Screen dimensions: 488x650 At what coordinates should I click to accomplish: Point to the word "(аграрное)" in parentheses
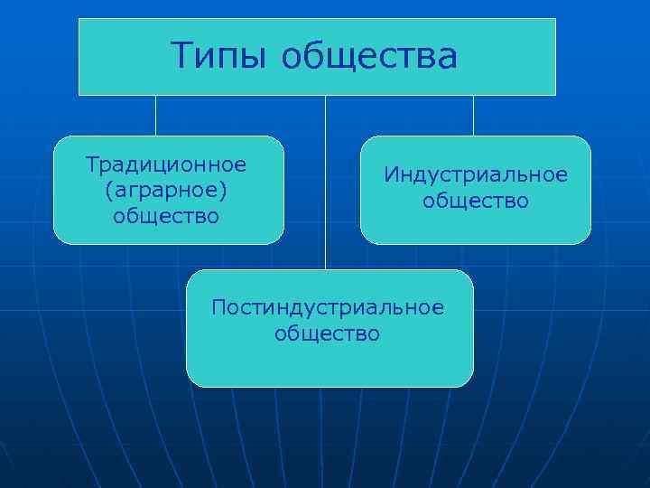(x=166, y=190)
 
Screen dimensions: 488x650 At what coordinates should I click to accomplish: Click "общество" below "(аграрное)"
(x=166, y=215)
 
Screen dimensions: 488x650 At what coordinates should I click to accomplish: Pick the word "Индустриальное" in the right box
(x=476, y=174)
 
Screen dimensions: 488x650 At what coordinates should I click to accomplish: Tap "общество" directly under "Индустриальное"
(x=476, y=199)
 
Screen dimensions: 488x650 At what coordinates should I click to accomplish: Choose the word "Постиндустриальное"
(x=328, y=307)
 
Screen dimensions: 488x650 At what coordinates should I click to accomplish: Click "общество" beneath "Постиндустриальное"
(x=328, y=333)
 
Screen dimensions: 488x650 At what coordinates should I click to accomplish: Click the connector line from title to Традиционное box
(x=155, y=116)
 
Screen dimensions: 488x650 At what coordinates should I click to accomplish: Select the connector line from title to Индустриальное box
(x=474, y=116)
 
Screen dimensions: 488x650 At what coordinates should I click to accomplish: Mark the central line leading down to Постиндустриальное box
(x=325, y=181)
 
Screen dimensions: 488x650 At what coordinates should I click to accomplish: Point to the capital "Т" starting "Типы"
(x=181, y=57)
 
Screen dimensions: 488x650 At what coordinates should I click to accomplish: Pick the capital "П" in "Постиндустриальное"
(x=218, y=307)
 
